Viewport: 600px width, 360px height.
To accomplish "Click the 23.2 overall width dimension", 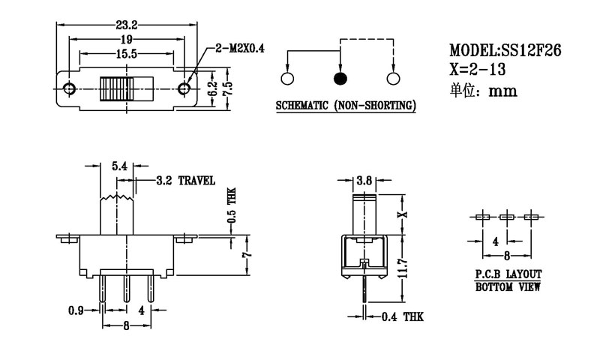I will (127, 25).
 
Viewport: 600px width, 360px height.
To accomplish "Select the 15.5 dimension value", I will (126, 54).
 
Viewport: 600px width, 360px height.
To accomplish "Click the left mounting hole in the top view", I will (70, 89).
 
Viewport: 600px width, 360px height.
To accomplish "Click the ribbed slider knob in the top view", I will (118, 88).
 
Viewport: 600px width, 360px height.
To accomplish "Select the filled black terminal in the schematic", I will (340, 78).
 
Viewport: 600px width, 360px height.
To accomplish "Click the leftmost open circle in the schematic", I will (287, 78).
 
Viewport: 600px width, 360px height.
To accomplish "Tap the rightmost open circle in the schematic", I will (392, 78).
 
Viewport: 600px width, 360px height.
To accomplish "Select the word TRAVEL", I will (196, 181).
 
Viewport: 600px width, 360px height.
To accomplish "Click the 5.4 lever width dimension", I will (118, 167).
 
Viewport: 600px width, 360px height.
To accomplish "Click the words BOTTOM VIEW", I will (508, 287).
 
